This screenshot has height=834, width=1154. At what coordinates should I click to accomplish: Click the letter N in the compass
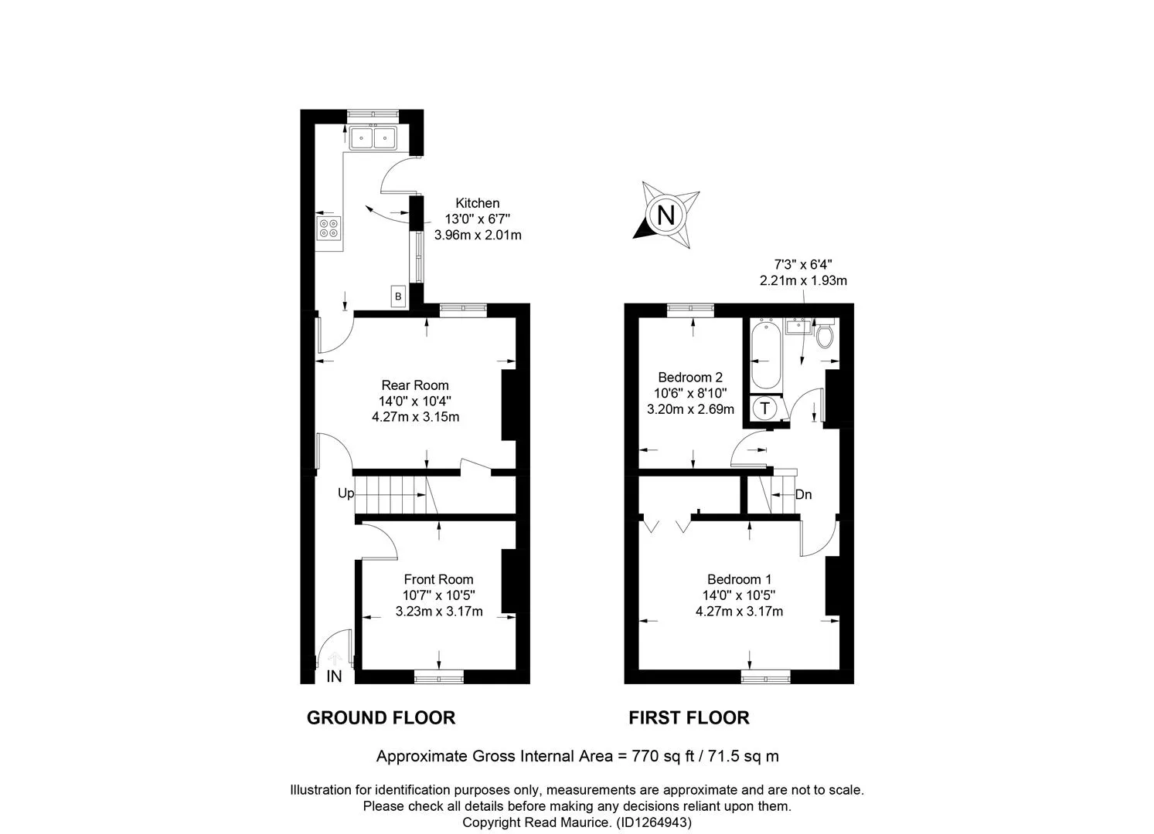(x=666, y=215)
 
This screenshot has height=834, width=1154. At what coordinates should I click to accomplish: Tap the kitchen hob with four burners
(x=329, y=229)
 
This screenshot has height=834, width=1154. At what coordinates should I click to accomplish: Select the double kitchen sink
(x=373, y=137)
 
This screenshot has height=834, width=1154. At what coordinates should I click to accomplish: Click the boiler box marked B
(x=398, y=296)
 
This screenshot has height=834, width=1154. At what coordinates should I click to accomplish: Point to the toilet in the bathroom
(x=824, y=334)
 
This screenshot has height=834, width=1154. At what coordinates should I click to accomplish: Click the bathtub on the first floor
(x=765, y=354)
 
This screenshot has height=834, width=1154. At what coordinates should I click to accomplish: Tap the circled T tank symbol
(x=765, y=409)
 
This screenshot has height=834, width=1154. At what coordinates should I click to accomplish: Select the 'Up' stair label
(x=346, y=493)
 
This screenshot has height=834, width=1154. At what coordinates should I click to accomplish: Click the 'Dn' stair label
(x=803, y=495)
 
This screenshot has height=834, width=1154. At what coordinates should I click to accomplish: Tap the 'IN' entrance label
(x=334, y=676)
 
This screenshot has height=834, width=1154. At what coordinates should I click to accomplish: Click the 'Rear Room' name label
(x=415, y=385)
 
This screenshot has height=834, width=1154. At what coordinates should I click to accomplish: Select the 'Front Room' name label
(x=438, y=579)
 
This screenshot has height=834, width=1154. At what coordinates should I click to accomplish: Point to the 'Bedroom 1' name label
(x=739, y=579)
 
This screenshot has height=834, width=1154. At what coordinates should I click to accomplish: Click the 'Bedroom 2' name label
(x=690, y=378)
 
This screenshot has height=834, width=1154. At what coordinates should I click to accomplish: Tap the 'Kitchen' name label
(x=478, y=203)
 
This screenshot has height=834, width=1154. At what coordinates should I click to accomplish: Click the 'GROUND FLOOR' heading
(x=381, y=717)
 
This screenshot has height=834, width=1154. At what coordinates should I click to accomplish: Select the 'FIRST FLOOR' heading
(x=689, y=717)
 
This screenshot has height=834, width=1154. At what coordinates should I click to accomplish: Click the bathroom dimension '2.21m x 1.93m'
(x=803, y=280)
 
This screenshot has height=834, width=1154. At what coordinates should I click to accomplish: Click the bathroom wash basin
(x=798, y=327)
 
